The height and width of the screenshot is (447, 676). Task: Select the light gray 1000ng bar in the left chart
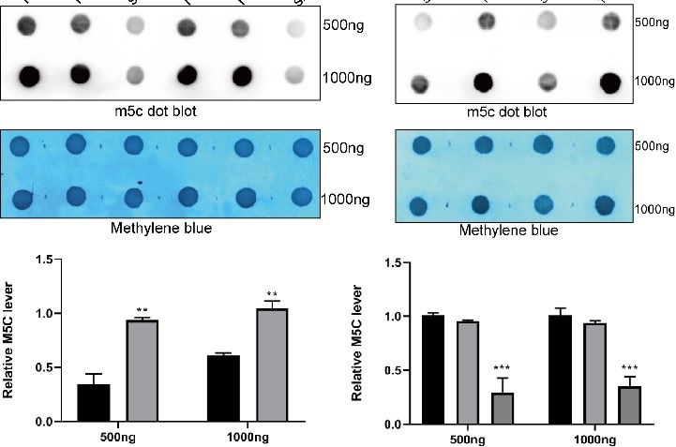tap(272, 365)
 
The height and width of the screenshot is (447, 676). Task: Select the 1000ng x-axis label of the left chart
tap(244, 436)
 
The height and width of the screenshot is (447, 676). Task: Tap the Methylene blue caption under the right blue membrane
tap(512, 231)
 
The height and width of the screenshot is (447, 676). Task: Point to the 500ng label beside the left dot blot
tap(345, 27)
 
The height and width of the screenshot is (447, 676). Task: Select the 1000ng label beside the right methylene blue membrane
tap(653, 207)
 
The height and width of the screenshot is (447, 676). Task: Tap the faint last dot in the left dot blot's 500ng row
tap(301, 29)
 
